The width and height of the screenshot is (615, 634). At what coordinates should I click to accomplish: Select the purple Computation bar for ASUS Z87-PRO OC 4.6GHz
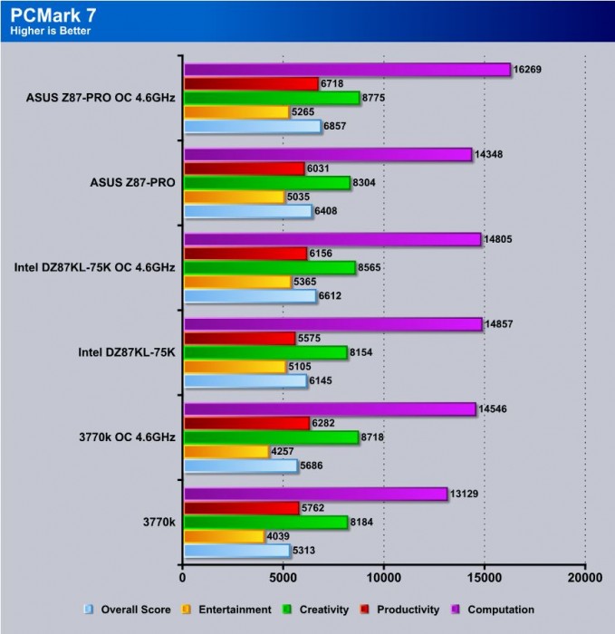coord(347,70)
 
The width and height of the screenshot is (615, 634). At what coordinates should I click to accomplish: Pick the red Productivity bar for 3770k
coord(241,508)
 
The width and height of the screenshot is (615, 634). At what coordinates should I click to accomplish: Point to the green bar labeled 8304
coord(267,183)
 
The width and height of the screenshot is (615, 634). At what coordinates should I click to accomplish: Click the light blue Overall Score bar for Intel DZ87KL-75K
coord(245,381)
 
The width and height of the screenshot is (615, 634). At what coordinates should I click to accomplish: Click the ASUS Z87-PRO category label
coord(132,182)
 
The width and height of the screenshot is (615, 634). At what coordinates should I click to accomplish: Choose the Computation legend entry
coord(498,610)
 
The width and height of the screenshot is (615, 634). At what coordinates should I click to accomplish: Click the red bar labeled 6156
coord(245,254)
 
